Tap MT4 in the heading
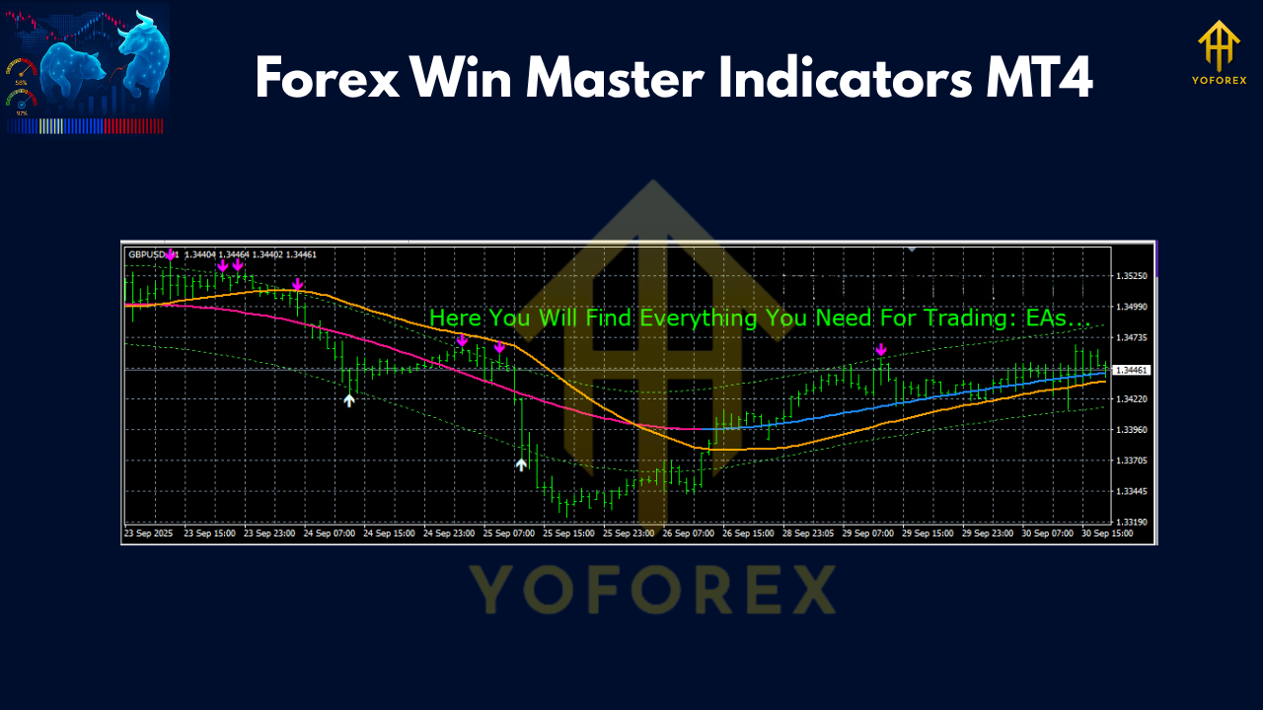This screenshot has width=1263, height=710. [x=1038, y=77]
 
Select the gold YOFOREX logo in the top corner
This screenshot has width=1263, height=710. [x=1218, y=54]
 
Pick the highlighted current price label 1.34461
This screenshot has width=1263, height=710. [x=1131, y=370]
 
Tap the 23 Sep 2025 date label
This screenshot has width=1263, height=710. [x=148, y=533]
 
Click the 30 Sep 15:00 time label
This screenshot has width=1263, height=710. [x=1107, y=533]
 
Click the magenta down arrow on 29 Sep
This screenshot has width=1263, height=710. [x=881, y=349]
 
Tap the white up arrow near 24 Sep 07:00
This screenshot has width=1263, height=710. [x=348, y=399]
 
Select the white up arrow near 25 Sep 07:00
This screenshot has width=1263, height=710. [x=521, y=463]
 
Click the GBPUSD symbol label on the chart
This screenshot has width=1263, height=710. [x=148, y=254]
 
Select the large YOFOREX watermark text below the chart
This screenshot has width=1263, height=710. [x=651, y=589]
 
